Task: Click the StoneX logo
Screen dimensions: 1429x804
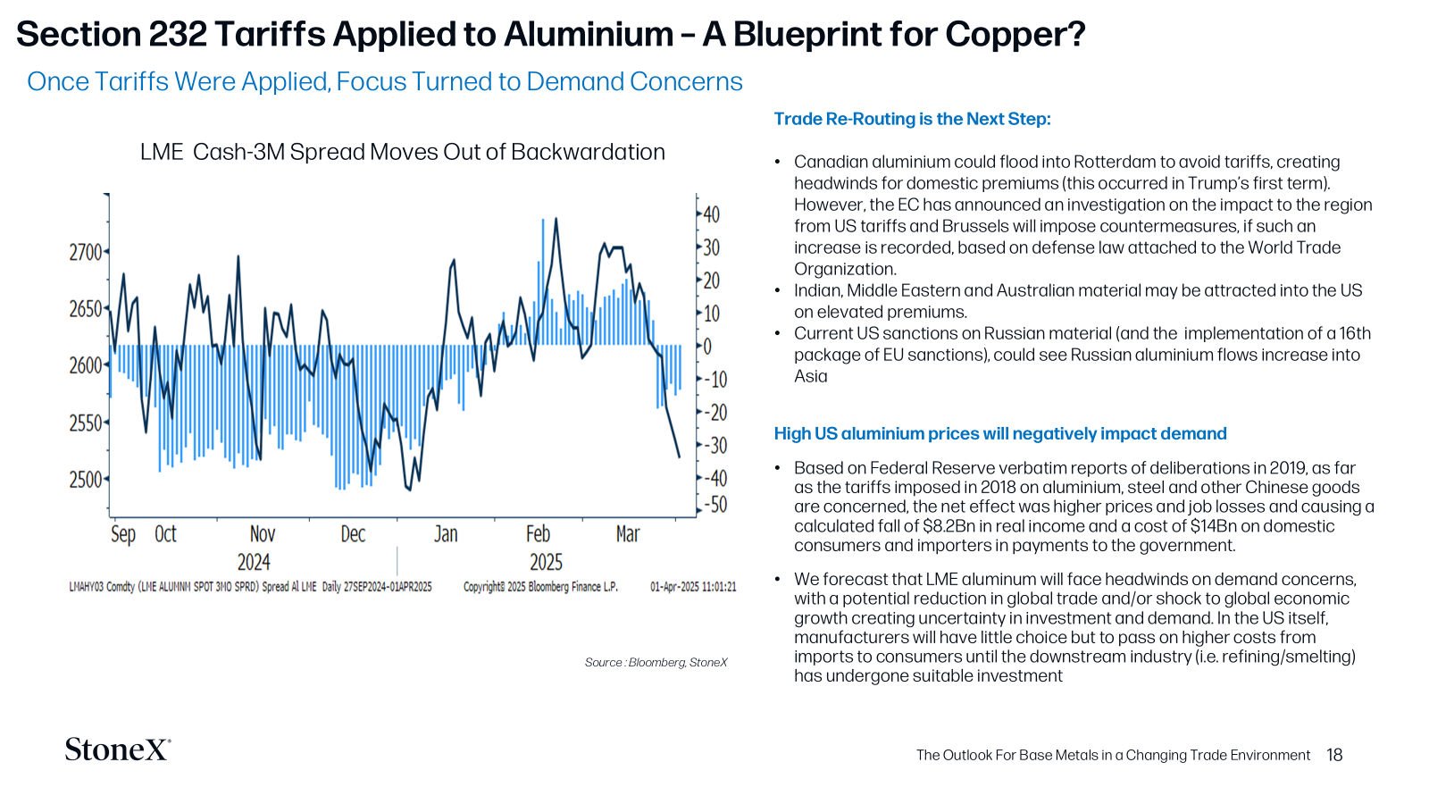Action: pyautogui.click(x=118, y=750)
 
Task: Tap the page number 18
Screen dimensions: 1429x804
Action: pyautogui.click(x=1334, y=755)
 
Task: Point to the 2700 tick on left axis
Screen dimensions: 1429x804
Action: pyautogui.click(x=86, y=252)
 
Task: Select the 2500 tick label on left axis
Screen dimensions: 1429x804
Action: pyautogui.click(x=86, y=479)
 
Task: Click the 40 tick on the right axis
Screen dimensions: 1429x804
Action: pyautogui.click(x=712, y=214)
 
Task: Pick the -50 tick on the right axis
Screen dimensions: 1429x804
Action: pyautogui.click(x=715, y=505)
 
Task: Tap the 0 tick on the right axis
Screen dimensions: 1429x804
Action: pyautogui.click(x=706, y=347)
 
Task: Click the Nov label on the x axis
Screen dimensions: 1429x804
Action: pyautogui.click(x=263, y=533)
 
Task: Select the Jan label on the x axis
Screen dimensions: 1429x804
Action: pyautogui.click(x=446, y=533)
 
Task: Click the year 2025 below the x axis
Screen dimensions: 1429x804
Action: pyautogui.click(x=546, y=562)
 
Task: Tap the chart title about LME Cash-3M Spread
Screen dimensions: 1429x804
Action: pyautogui.click(x=403, y=152)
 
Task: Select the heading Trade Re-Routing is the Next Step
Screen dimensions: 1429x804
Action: pyautogui.click(x=912, y=119)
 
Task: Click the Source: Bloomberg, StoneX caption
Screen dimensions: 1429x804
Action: pyautogui.click(x=656, y=662)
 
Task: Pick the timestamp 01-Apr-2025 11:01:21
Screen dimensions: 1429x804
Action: pyautogui.click(x=693, y=586)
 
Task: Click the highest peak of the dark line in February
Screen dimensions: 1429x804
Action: pyautogui.click(x=556, y=218)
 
